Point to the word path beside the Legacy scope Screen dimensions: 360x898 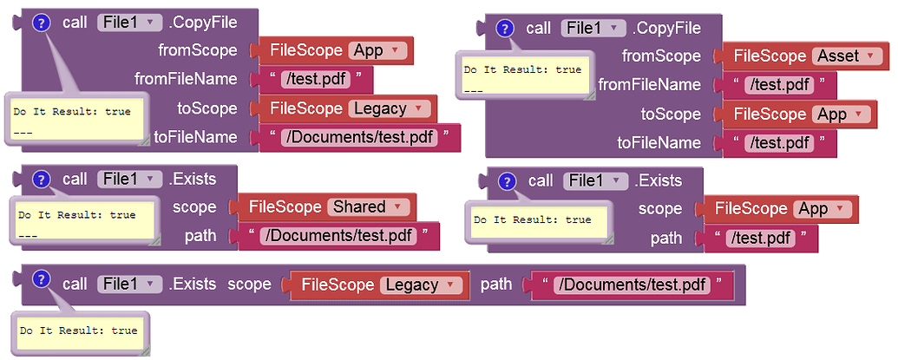click(x=497, y=285)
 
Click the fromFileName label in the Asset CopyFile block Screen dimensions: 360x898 click(x=649, y=85)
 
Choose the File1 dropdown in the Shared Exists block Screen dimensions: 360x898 click(x=129, y=179)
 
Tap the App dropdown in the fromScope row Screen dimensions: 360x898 click(x=377, y=50)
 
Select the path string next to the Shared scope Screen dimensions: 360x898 click(x=338, y=236)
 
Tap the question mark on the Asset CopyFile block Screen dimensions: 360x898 click(x=504, y=29)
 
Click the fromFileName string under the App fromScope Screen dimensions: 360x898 click(x=316, y=80)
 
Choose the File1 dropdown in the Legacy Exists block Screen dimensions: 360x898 click(x=129, y=284)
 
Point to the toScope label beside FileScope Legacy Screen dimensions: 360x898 click(x=207, y=109)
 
